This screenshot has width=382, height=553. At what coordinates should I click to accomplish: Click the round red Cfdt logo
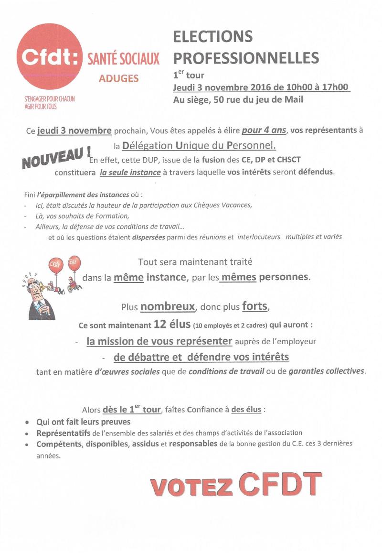49,57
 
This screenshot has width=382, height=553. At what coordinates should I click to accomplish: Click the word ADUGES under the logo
118,78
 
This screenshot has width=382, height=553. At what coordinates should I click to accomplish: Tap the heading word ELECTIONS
212,36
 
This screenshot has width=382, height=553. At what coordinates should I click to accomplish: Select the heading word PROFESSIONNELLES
246,58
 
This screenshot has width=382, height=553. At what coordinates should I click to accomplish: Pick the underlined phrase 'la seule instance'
130,173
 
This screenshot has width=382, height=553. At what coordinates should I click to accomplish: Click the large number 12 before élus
159,325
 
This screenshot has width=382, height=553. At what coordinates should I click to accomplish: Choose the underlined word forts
255,306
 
